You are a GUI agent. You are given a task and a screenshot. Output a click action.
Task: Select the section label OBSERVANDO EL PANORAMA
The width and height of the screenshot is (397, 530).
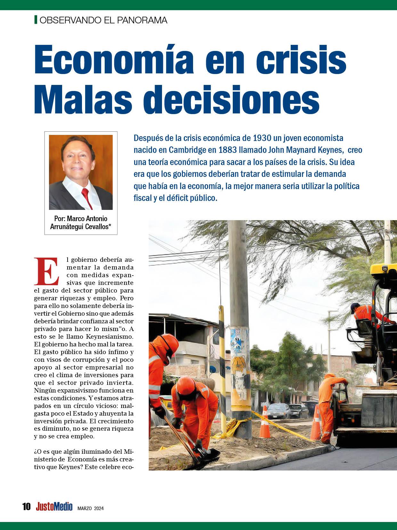[x=103, y=20]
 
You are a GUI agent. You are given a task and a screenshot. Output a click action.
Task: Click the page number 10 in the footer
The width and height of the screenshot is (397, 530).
[x=27, y=507]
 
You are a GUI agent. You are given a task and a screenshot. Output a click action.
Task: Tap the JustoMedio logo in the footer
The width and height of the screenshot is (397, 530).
[x=54, y=507]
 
